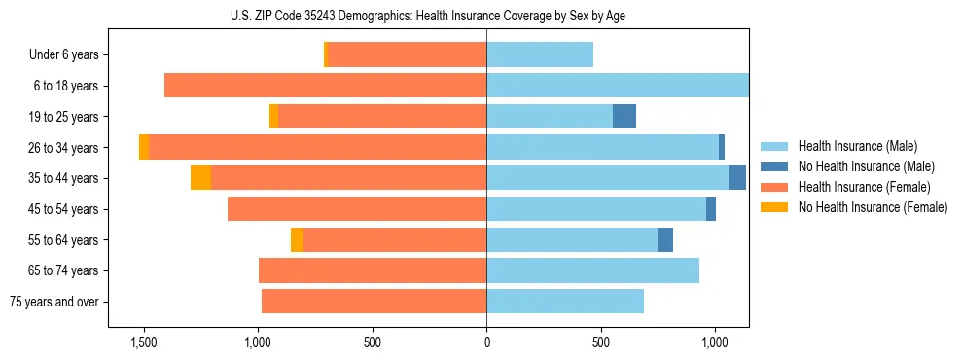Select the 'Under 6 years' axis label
tap(63, 55)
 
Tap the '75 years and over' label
tap(54, 302)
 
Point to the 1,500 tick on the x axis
tap(143, 343)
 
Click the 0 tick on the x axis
tap(486, 343)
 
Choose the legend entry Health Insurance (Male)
tap(857, 146)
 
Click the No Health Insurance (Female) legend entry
tap(873, 207)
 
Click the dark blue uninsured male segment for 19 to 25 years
tap(624, 117)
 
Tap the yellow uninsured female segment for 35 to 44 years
tap(200, 178)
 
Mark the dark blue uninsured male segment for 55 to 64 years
tap(665, 239)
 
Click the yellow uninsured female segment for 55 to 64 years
tap(297, 239)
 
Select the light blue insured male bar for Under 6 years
tap(540, 55)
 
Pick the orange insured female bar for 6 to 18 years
tap(326, 86)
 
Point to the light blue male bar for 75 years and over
tap(565, 302)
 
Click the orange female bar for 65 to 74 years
tap(373, 270)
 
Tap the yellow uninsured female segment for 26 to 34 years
tap(144, 147)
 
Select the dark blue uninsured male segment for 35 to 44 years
tap(737, 178)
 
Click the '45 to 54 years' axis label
tap(63, 209)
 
